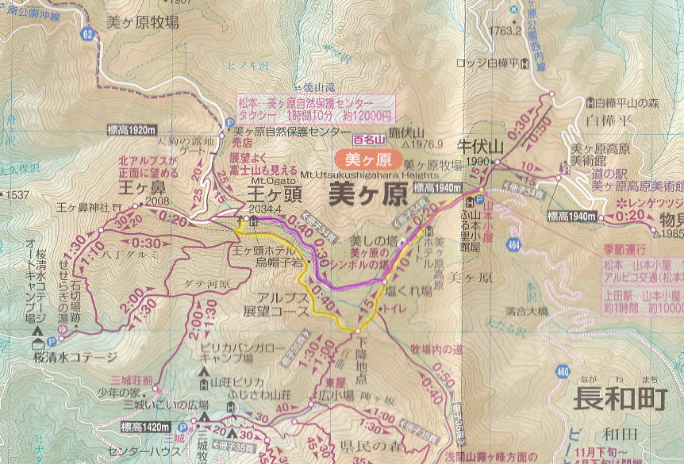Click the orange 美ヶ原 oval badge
tap(364, 159)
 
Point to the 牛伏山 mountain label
tap(481, 147)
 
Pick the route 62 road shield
tap(86, 34)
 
